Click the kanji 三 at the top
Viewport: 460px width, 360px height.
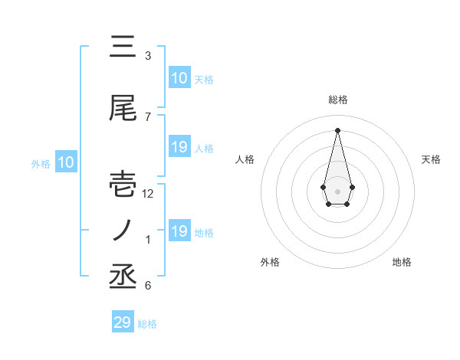[123, 47]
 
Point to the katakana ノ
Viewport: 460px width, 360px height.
[123, 230]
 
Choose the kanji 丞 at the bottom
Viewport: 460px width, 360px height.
[123, 277]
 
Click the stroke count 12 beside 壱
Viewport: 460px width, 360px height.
[149, 194]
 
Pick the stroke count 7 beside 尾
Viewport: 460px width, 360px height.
[148, 116]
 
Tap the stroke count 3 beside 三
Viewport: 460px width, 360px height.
[148, 56]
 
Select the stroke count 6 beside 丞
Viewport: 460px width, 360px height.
[148, 286]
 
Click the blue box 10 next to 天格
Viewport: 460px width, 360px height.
[179, 78]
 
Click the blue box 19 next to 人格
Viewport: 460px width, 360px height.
[179, 147]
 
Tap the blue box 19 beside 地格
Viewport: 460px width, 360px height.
[179, 231]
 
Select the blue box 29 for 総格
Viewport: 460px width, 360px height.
[123, 322]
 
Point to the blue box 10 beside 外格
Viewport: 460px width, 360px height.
[65, 162]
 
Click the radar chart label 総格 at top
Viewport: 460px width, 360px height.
[337, 100]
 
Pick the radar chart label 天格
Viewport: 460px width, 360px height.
[431, 159]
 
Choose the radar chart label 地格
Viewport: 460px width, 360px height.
[402, 262]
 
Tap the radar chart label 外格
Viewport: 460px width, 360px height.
[270, 262]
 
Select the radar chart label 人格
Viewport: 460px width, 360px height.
[245, 159]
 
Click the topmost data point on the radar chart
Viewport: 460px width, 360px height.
[337, 130]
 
